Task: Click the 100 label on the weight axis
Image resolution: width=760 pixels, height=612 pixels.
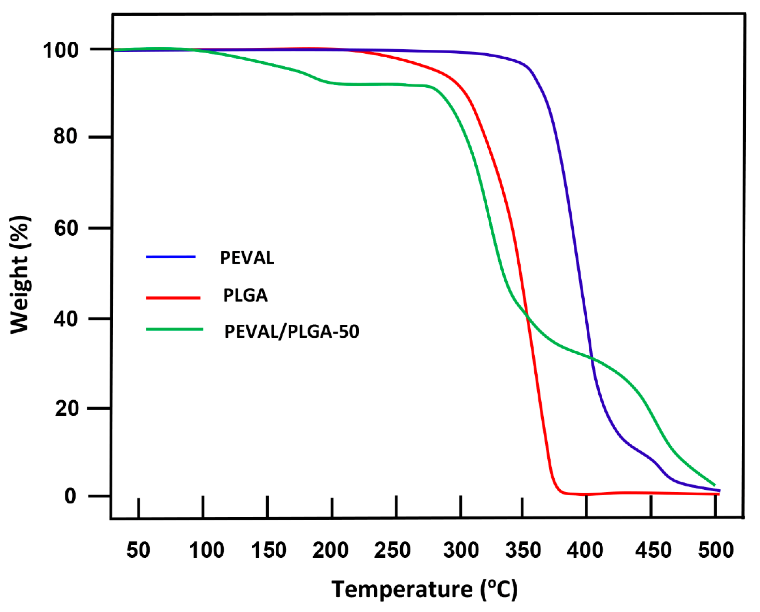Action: pyautogui.click(x=60, y=50)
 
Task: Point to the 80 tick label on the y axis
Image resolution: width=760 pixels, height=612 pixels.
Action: pyautogui.click(x=65, y=136)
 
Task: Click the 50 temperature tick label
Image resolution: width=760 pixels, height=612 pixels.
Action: pyautogui.click(x=138, y=550)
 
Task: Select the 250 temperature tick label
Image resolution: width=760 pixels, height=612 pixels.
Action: pyautogui.click(x=392, y=550)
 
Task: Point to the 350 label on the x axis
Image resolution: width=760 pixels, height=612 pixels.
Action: pyautogui.click(x=523, y=550)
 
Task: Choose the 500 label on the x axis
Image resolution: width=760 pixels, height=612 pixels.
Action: pyautogui.click(x=716, y=550)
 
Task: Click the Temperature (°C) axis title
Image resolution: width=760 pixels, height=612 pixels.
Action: pyautogui.click(x=425, y=590)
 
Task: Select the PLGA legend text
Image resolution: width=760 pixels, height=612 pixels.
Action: pyautogui.click(x=245, y=296)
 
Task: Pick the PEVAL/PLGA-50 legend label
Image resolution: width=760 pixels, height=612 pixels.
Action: pyautogui.click(x=292, y=332)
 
